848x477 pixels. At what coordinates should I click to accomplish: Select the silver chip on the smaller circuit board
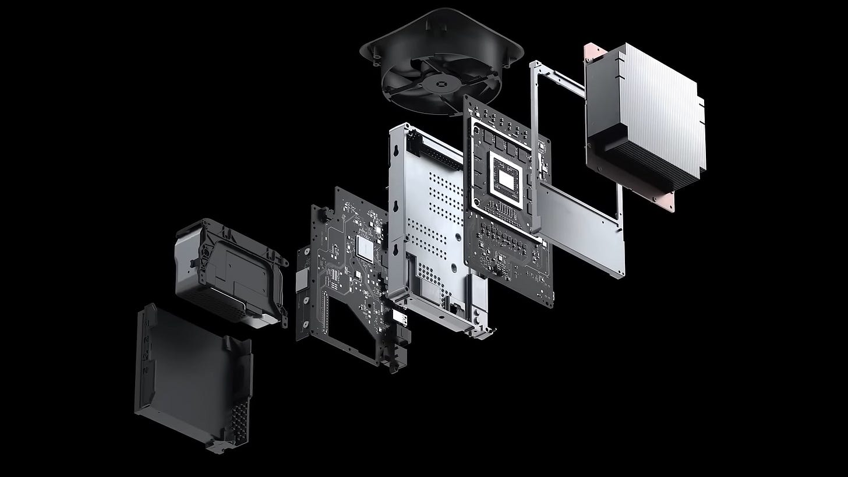[x=365, y=249]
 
